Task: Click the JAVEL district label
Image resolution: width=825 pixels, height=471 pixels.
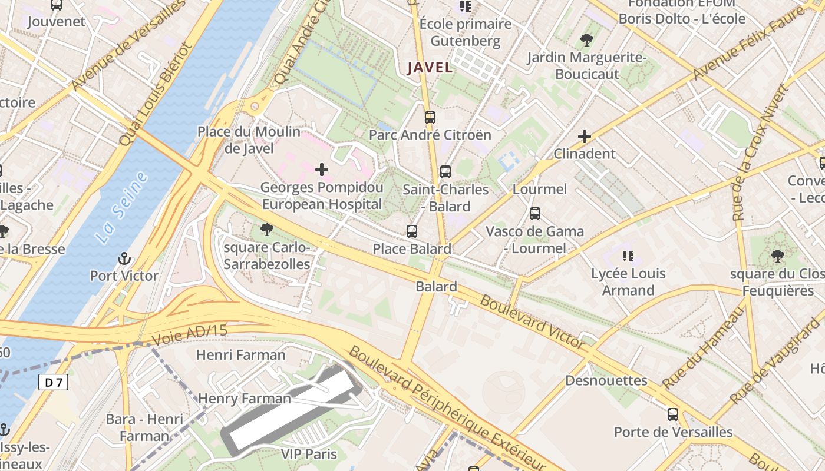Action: [x=430, y=67]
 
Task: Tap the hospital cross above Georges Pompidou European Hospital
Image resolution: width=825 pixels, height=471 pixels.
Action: [x=322, y=170]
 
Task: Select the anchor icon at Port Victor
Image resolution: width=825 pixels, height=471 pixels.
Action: [x=124, y=258]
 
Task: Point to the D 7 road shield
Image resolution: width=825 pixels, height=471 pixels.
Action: [x=54, y=383]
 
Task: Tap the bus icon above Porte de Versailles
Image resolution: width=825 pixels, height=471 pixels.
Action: [x=673, y=414]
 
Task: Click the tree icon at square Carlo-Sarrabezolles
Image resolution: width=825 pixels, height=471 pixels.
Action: [x=266, y=230]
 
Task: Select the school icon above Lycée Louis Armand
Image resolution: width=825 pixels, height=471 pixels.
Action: [x=628, y=256]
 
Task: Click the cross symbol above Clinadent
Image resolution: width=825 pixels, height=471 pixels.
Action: [x=584, y=137]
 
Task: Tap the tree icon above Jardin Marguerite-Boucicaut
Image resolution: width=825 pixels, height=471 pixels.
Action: [x=586, y=40]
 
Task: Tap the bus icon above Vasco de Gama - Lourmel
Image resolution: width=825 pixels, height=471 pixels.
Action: [x=534, y=214]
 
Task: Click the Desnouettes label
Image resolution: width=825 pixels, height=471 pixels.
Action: [x=606, y=380]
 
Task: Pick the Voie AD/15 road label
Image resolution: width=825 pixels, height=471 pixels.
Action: [x=189, y=334]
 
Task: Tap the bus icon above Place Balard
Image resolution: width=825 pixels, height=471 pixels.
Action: [x=412, y=231]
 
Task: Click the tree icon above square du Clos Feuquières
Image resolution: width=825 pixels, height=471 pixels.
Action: [x=777, y=256]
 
